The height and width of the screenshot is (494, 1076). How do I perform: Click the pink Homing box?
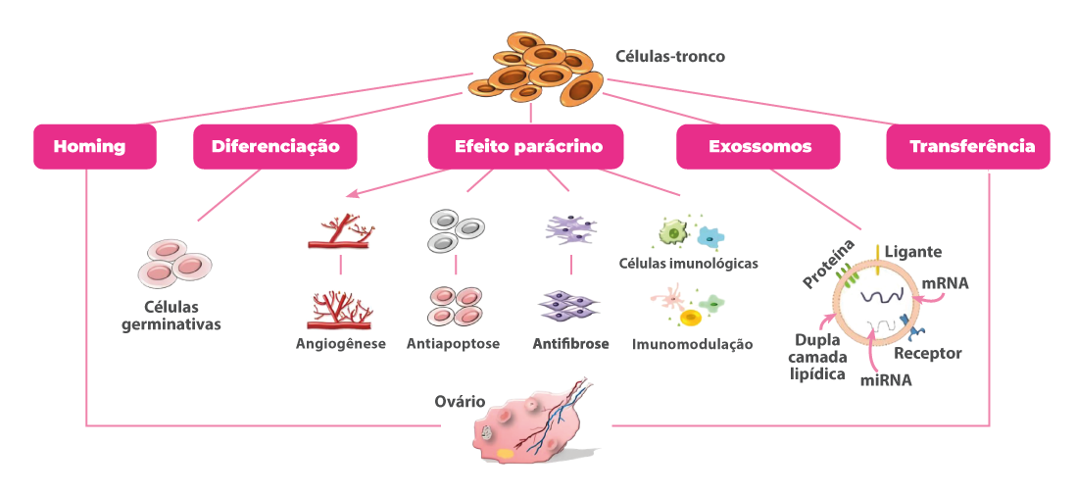tap(95, 147)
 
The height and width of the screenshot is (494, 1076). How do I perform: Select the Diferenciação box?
tap(274, 147)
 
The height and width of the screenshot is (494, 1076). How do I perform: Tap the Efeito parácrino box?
tap(526, 147)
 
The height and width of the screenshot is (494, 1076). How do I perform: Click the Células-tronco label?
tap(669, 57)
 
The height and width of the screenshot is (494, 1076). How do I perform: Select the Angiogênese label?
tap(340, 344)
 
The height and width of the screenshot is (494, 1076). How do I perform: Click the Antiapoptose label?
tap(453, 344)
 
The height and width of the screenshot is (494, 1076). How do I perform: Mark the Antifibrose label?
tap(570, 344)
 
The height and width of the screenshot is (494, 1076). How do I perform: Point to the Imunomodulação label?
tap(692, 344)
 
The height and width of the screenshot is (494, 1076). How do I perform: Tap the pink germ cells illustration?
tap(174, 262)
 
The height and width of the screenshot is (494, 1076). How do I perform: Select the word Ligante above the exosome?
tap(912, 252)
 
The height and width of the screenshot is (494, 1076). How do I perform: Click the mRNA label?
tap(946, 284)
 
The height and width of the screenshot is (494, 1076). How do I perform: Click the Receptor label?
tap(928, 353)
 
